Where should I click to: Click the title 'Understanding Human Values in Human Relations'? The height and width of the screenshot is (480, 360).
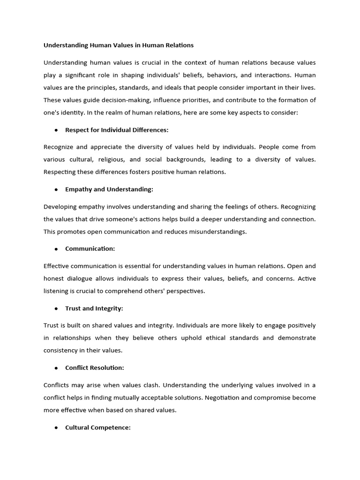[x=119, y=45]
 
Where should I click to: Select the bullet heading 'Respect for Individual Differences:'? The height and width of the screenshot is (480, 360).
[x=117, y=130]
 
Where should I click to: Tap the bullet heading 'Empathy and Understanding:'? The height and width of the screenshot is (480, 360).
[x=109, y=189]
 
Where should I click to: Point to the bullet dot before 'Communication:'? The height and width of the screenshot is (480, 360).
[x=56, y=249]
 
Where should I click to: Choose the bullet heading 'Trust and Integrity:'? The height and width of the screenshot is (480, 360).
[x=94, y=308]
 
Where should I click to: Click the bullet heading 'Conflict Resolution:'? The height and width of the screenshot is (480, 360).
[x=95, y=368]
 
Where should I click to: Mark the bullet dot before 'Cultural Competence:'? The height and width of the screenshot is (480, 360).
[x=56, y=427]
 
